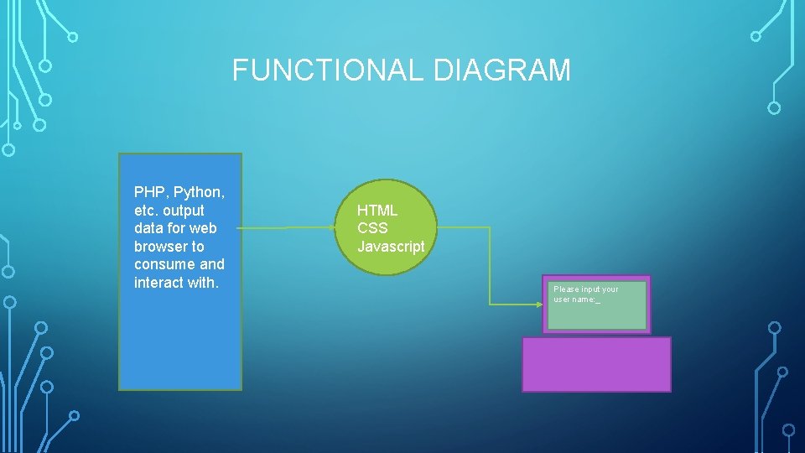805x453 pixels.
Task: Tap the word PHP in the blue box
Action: tap(149, 192)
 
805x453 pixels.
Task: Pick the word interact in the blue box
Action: tap(158, 283)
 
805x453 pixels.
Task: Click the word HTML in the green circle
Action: tap(377, 211)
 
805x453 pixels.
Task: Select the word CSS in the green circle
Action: tap(372, 228)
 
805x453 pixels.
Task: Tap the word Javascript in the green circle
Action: tap(391, 247)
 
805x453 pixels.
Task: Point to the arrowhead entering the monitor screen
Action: tap(538, 303)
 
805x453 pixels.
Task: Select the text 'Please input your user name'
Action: tap(585, 294)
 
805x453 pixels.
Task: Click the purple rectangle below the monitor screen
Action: tap(596, 365)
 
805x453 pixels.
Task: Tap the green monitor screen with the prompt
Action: tap(596, 314)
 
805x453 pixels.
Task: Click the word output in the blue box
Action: tap(184, 211)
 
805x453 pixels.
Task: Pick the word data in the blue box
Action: tap(148, 228)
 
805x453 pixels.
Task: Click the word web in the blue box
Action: tap(203, 228)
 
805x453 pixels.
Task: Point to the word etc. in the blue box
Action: tap(146, 211)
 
